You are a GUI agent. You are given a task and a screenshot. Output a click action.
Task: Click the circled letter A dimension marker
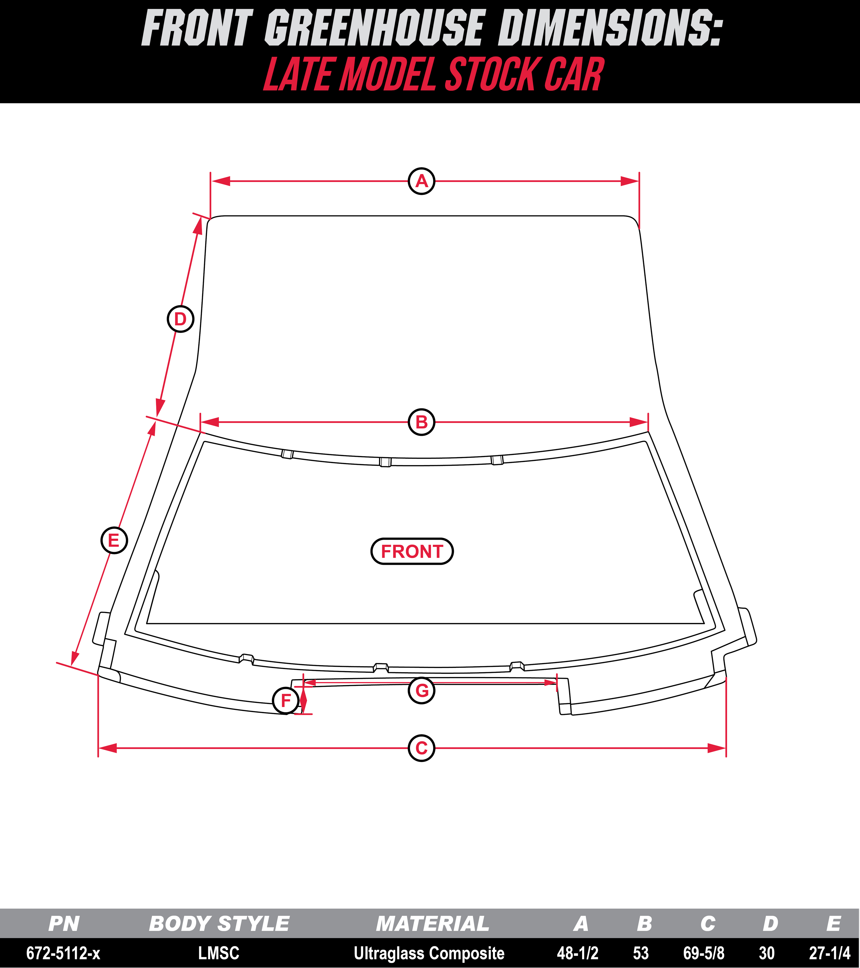(421, 181)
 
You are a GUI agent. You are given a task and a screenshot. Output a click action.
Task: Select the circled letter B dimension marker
(421, 422)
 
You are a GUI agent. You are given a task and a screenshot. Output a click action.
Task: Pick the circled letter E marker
(114, 540)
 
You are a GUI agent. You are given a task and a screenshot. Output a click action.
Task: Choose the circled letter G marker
(421, 690)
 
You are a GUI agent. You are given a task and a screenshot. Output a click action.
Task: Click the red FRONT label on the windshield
(412, 551)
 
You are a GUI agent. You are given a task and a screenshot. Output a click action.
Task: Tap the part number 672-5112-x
(63, 953)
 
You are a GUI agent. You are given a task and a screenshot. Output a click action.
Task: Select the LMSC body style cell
(219, 953)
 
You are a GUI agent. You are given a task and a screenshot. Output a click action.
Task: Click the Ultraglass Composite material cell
(429, 953)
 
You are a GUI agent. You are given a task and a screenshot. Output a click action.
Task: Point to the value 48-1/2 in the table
(578, 953)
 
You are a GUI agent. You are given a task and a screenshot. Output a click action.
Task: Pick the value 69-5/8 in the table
(704, 953)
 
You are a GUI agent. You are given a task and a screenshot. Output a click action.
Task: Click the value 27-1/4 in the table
(830, 953)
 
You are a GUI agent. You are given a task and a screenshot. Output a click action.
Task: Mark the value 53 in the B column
(641, 953)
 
